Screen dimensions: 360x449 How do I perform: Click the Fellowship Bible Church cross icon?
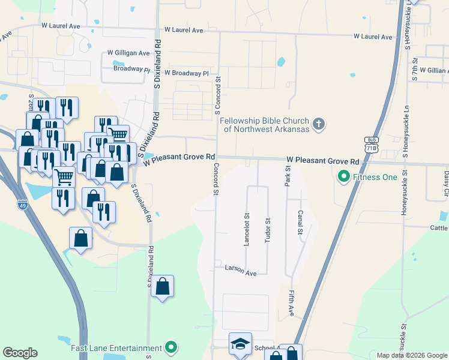tap(319, 124)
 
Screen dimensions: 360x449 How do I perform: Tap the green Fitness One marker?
tap(344, 177)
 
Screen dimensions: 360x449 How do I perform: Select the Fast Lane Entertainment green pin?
tap(172, 347)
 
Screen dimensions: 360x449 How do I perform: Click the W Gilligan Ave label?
tap(128, 53)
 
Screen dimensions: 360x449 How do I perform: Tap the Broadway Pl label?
tap(131, 69)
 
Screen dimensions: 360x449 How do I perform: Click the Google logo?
tap(20, 353)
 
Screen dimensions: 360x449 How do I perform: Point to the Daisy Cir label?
tap(446, 184)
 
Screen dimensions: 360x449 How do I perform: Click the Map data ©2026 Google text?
tap(411, 355)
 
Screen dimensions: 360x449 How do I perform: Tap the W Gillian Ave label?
tap(434, 70)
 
